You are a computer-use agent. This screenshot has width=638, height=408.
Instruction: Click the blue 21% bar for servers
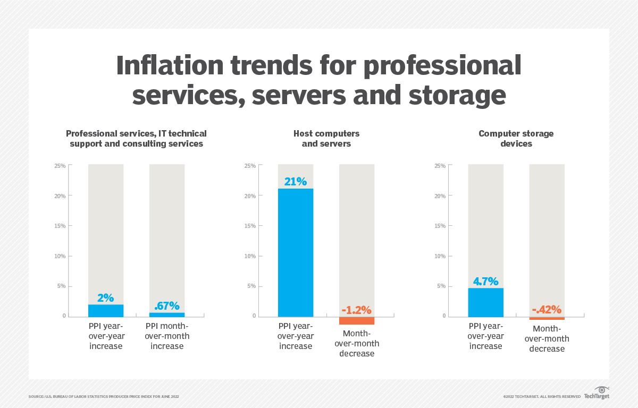click(x=296, y=252)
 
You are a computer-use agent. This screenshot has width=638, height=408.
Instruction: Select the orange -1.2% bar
click(x=357, y=320)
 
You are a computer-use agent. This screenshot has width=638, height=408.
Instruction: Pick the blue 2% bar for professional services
click(x=106, y=310)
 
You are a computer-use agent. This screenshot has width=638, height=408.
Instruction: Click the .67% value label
click(x=166, y=306)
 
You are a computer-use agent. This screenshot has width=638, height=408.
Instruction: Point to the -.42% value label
click(x=547, y=310)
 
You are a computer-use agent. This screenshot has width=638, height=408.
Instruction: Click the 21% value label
click(x=296, y=182)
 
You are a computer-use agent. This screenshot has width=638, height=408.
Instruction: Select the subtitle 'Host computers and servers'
click(x=326, y=139)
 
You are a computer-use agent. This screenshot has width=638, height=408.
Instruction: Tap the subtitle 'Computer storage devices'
click(x=516, y=139)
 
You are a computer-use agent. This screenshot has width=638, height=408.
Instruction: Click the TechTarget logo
click(x=597, y=394)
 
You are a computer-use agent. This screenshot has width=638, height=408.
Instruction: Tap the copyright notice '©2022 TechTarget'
click(x=541, y=396)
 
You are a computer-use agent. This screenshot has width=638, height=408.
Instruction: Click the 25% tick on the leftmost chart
click(x=60, y=166)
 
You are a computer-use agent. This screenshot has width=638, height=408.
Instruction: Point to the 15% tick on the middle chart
click(x=250, y=226)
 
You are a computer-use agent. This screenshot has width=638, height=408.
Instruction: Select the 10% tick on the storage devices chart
click(x=440, y=256)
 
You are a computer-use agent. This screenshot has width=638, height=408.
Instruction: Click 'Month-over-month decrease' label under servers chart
click(x=357, y=343)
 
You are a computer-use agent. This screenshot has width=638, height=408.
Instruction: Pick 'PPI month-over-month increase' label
click(x=167, y=336)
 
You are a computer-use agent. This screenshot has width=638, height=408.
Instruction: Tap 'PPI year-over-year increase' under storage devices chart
click(x=485, y=336)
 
